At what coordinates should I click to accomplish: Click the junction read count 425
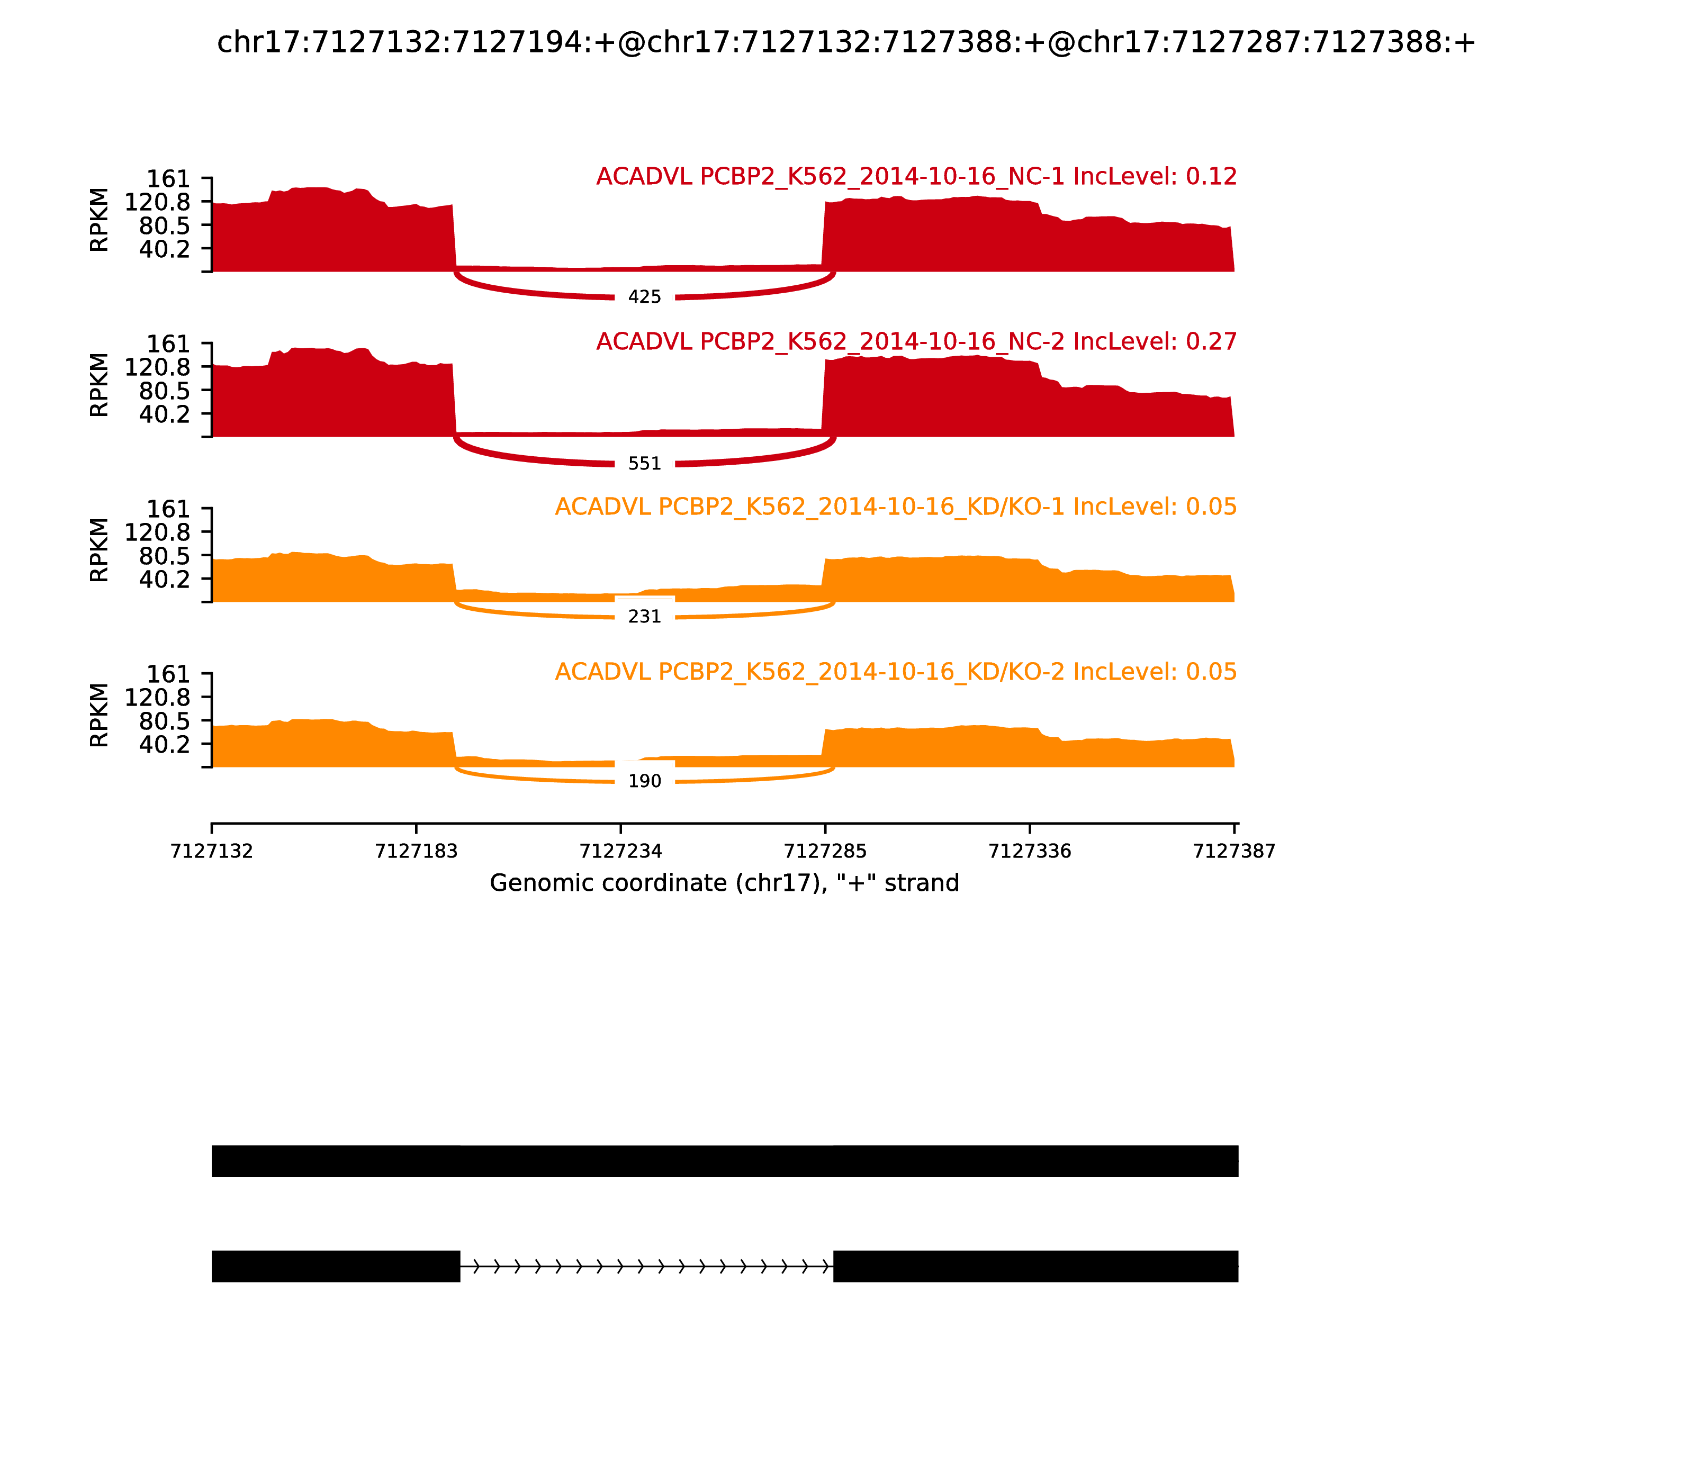644,297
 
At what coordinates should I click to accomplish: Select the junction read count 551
644,464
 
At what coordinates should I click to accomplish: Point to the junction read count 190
644,782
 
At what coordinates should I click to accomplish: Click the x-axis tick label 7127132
212,852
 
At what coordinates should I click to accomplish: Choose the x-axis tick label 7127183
416,852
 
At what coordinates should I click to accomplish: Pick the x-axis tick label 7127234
620,852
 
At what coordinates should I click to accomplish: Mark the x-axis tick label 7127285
825,852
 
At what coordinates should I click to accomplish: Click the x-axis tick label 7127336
1030,852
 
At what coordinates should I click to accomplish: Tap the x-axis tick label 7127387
1234,852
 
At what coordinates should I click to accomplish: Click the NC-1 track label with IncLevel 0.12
916,177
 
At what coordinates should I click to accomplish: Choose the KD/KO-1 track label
896,507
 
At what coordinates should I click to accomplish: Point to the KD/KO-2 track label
896,672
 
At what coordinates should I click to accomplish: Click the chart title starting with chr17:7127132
846,43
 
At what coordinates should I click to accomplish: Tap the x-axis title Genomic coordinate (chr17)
725,883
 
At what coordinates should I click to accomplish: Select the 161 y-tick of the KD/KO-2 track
169,675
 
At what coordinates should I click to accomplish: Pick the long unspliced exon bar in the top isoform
725,1161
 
